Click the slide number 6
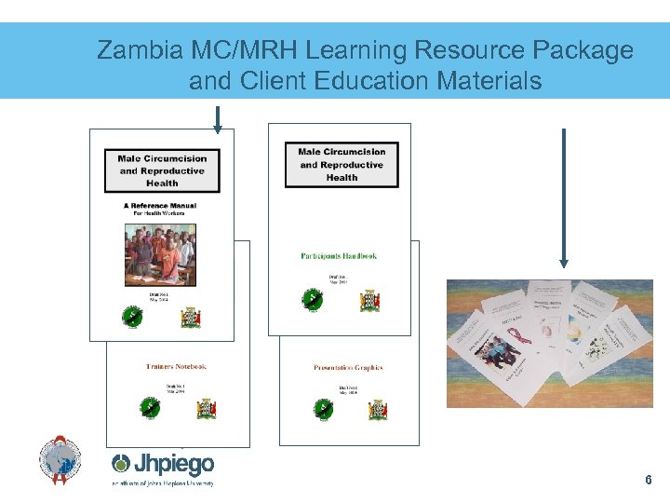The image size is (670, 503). click(648, 481)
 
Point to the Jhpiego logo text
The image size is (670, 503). click(164, 464)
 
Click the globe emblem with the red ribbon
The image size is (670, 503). click(60, 459)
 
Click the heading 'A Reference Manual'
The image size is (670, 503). click(161, 206)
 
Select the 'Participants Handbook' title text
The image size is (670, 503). click(339, 256)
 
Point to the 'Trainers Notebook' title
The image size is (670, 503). click(177, 367)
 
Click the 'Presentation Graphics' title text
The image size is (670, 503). click(348, 368)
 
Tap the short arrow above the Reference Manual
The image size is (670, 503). click(217, 119)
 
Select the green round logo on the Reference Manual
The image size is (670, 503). click(132, 317)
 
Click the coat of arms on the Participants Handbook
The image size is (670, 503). click(371, 301)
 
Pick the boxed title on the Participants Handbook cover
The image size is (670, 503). click(342, 165)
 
